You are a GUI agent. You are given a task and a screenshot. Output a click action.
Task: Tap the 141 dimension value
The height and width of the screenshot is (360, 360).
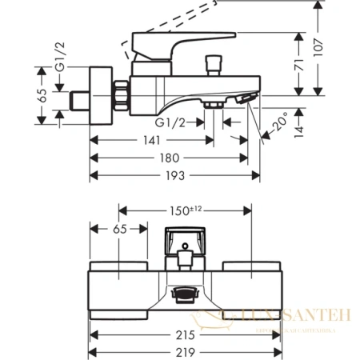click(x=150, y=139)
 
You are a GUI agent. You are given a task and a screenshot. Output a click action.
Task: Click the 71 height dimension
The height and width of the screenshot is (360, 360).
click(x=297, y=70)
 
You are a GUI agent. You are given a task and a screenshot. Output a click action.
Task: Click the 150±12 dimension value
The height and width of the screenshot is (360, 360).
click(x=186, y=211)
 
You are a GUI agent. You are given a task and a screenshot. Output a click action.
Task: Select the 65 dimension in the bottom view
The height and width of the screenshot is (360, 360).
click(x=118, y=229)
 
